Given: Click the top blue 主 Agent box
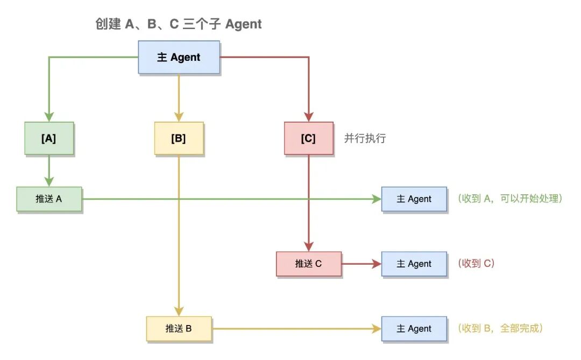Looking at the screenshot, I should click(x=179, y=57).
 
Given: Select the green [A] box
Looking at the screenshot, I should click(x=49, y=138).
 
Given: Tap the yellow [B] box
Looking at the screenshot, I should click(x=179, y=138).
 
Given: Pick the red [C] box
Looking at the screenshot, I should click(x=308, y=138).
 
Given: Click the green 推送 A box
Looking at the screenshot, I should click(x=49, y=199).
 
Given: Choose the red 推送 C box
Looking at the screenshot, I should click(x=308, y=264).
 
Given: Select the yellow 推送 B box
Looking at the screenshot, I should click(x=179, y=329).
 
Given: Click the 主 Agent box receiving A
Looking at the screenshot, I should click(x=414, y=199).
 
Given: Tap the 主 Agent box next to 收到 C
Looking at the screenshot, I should click(x=414, y=264).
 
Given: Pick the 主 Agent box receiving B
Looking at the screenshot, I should click(x=414, y=329).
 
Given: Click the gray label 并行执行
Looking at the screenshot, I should click(x=365, y=138).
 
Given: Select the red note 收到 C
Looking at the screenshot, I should click(x=476, y=264).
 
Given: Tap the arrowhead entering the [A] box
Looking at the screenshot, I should click(x=49, y=116).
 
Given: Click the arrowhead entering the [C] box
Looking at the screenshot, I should click(x=308, y=116).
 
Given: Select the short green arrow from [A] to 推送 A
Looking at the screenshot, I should click(x=49, y=171).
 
